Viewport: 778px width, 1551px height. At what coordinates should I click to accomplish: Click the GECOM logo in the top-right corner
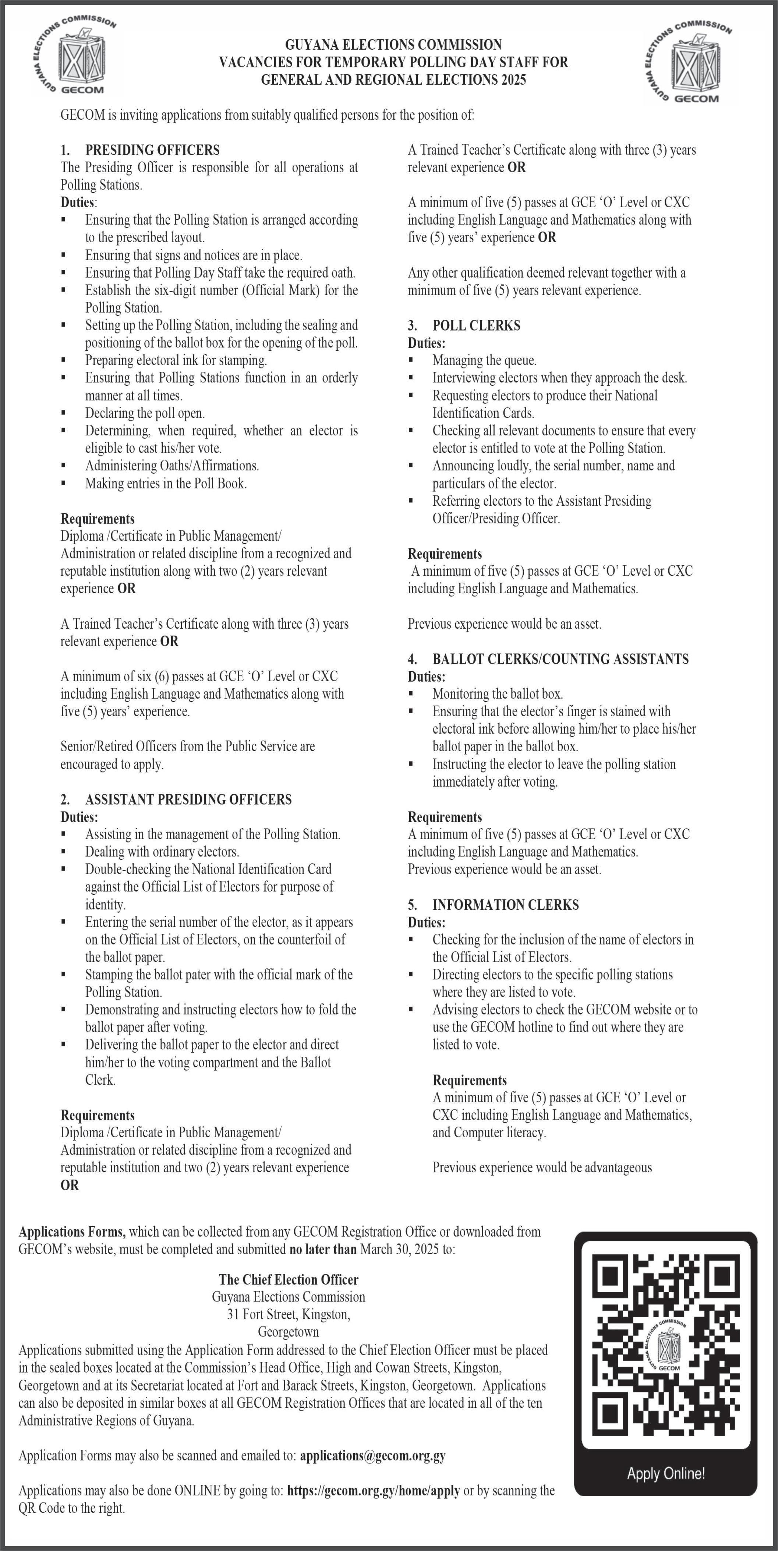click(688, 62)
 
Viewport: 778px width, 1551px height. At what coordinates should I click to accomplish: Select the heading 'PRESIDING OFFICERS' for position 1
click(152, 150)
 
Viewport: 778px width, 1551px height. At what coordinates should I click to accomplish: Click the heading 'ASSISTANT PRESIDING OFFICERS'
click(188, 799)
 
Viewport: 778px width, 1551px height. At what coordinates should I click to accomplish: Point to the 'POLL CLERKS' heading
click(476, 326)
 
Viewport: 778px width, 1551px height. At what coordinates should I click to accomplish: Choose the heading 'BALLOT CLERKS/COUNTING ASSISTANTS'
click(560, 659)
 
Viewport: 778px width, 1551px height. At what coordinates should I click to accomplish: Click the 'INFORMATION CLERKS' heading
click(505, 904)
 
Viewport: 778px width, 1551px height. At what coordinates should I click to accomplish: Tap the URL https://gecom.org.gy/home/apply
click(373, 1490)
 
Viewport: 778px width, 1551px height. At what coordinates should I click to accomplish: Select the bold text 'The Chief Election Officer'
click(289, 1279)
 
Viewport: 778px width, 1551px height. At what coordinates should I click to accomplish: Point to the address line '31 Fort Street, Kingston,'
click(289, 1314)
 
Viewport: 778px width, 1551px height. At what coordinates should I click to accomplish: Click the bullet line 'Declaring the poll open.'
click(145, 413)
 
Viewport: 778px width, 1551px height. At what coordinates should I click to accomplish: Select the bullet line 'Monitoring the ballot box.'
click(498, 694)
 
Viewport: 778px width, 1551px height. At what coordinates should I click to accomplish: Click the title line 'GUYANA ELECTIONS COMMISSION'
click(393, 45)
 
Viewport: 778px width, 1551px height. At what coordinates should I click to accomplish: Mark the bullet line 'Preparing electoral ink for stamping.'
click(176, 360)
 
